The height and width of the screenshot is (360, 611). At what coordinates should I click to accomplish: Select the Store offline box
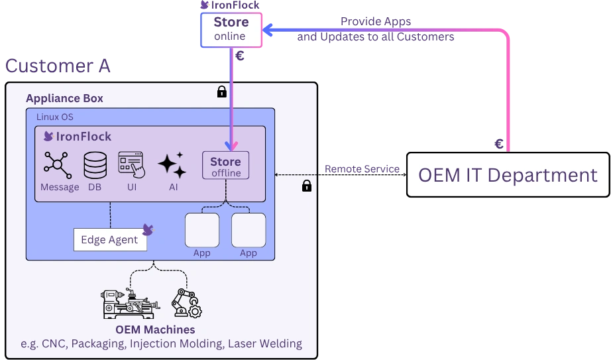tap(225, 166)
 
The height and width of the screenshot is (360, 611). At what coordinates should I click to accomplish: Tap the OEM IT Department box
tap(508, 175)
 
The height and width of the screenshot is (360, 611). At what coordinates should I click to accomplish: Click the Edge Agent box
tap(109, 240)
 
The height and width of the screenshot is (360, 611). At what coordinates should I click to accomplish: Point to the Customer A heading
tap(58, 66)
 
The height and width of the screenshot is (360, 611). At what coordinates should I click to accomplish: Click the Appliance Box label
tap(64, 98)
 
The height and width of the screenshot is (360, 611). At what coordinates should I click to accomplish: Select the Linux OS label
tap(54, 117)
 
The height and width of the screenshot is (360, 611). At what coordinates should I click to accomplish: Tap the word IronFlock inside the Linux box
tap(83, 137)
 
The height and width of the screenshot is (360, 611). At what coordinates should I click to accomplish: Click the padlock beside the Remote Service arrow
tap(307, 186)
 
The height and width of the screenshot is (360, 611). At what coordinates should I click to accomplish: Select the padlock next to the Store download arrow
tap(222, 91)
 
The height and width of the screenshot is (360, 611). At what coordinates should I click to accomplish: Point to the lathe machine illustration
tap(130, 304)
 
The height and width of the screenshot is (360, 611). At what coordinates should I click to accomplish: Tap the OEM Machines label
tap(155, 330)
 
